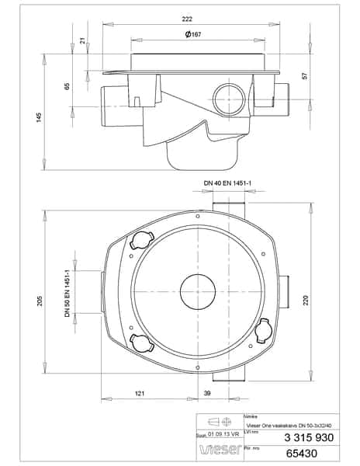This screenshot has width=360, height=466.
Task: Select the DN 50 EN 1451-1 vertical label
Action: (x=67, y=293)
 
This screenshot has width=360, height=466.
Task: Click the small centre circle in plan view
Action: (x=202, y=293)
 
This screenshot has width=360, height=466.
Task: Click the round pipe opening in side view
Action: (x=228, y=100)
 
